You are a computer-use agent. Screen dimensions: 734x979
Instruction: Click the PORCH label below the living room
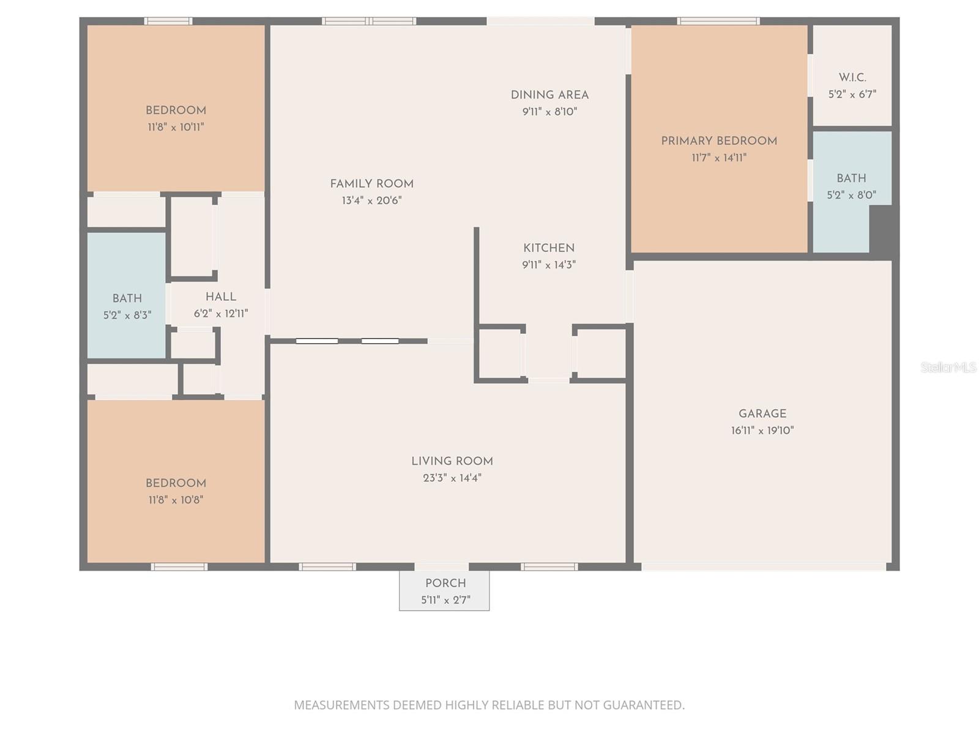point(445,583)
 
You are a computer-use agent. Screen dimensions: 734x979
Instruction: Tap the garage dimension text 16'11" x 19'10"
point(762,431)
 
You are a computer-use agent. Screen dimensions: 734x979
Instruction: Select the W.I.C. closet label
point(852,78)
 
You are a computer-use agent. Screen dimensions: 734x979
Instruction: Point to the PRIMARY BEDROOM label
point(719,141)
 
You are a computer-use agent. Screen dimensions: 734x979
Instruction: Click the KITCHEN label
point(549,248)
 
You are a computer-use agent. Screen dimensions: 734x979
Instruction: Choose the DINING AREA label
point(549,95)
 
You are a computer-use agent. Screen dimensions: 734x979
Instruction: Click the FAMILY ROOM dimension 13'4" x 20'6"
point(372,201)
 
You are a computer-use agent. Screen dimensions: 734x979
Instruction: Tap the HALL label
point(221,297)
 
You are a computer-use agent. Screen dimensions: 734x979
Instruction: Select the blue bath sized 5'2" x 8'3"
point(127,298)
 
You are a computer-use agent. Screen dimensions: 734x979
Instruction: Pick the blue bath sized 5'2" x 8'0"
point(851,178)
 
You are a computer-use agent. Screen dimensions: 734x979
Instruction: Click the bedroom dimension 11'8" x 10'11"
point(176,127)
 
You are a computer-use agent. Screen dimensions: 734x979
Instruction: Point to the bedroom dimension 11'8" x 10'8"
point(176,500)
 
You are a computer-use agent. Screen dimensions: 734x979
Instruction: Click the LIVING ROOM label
point(452,461)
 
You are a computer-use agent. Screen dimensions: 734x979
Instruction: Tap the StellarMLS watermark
point(949,367)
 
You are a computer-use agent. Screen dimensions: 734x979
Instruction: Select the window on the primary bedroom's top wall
point(718,21)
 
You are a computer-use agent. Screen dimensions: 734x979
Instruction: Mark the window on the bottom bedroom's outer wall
point(179,567)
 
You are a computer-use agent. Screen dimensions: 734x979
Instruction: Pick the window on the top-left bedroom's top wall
point(168,21)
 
